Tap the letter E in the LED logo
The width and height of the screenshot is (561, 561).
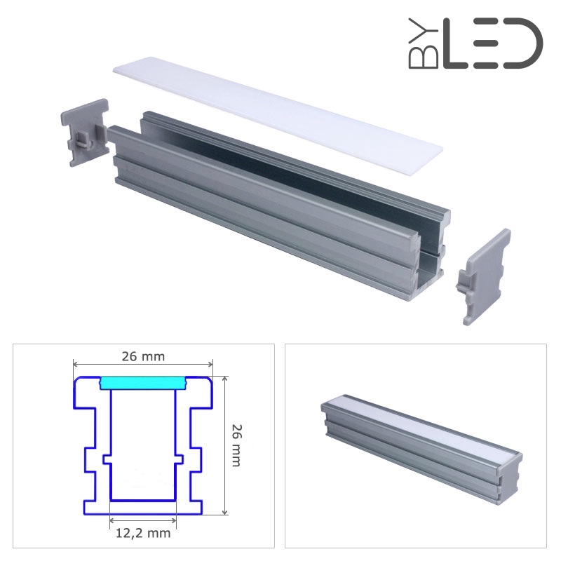coord(485,43)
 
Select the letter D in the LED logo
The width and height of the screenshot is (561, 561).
coord(523,43)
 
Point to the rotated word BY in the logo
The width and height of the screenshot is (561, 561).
coord(424,43)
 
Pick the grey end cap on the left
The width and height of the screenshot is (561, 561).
coord(85,133)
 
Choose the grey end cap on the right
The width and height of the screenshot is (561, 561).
coord(484,277)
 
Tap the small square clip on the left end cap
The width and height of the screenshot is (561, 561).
coord(83,139)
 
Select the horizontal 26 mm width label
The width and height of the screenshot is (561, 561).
coord(143,357)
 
